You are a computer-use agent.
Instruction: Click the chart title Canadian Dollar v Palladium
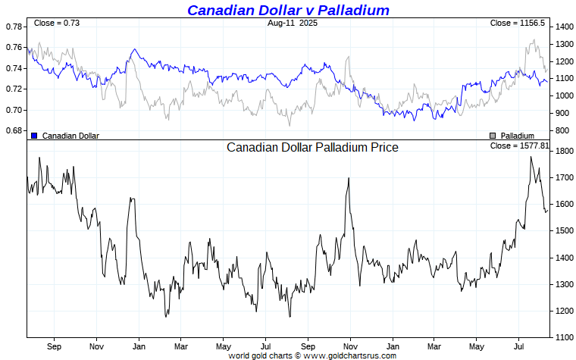point(288,10)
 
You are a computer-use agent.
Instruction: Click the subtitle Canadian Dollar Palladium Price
point(312,147)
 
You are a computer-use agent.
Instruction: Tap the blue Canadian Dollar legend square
point(34,135)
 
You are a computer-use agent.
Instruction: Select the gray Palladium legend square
point(492,135)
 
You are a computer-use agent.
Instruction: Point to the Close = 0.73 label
point(57,23)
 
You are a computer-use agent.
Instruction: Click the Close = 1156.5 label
point(518,23)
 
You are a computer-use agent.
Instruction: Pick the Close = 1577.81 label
point(519,146)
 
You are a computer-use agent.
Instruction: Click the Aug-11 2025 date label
point(293,23)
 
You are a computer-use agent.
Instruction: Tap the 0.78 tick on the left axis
point(14,27)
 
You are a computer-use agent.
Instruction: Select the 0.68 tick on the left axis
point(14,131)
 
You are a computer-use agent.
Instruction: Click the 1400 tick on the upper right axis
point(564,27)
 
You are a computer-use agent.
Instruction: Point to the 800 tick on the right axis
point(562,131)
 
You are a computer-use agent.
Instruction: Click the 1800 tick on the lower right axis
point(564,152)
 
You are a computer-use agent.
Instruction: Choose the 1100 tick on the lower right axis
point(564,337)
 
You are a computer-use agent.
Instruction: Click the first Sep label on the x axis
point(54,346)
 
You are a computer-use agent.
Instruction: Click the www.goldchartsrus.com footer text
point(349,355)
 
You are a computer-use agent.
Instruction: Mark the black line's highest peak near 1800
point(531,157)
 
